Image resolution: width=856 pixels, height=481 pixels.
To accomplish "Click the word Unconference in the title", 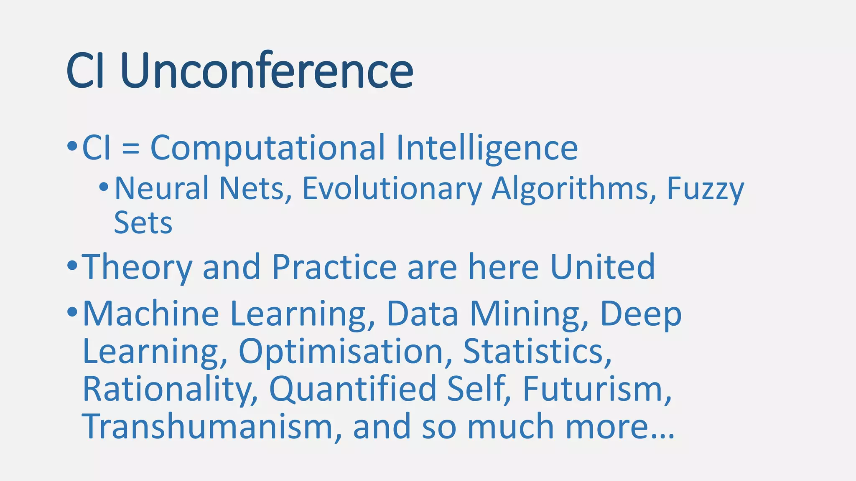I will click(267, 71).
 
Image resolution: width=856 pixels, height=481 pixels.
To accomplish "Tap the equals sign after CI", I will click(131, 148).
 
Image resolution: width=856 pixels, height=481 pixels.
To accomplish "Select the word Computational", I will click(267, 148).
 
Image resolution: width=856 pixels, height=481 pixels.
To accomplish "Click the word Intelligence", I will click(487, 148).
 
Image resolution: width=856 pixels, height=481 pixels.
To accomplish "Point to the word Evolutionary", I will click(392, 189).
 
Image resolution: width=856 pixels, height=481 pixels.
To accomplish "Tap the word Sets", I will click(143, 223).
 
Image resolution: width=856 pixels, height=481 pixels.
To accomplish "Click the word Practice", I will click(334, 267).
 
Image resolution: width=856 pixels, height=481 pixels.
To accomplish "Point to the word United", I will click(602, 267).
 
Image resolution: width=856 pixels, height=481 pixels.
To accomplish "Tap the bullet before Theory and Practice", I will click(72, 265).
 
